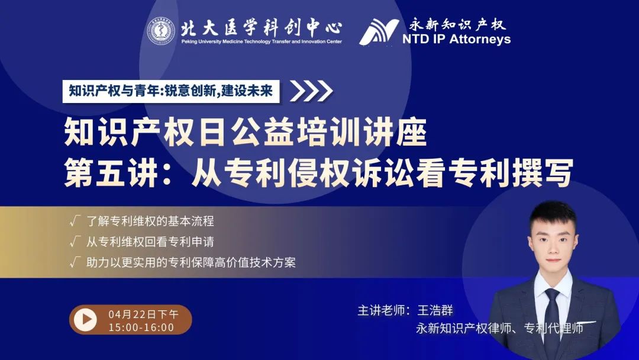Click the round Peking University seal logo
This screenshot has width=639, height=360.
pos(161,31)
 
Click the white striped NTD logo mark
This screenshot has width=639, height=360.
pos(379,32)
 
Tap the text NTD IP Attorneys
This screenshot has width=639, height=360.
pos(456,39)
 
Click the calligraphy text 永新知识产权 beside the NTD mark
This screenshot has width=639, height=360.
pos(457,24)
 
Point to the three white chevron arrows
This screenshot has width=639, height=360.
pos(311,91)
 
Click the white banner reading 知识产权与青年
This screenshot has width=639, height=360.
pos(171,91)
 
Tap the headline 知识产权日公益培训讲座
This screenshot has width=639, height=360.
pos(246,132)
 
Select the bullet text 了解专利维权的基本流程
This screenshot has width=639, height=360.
pos(150,221)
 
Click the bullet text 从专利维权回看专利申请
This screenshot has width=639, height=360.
pos(150,242)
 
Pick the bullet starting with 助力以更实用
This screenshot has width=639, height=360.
pos(191,262)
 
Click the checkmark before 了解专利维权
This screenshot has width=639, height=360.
pos(75,221)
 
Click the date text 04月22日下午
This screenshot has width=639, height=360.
pos(143,314)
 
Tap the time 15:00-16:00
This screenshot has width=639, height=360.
pos(141,327)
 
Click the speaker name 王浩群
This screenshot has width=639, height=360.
pos(435,311)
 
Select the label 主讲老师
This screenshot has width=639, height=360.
pos(381,311)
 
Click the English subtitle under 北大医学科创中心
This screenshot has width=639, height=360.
pos(262,41)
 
